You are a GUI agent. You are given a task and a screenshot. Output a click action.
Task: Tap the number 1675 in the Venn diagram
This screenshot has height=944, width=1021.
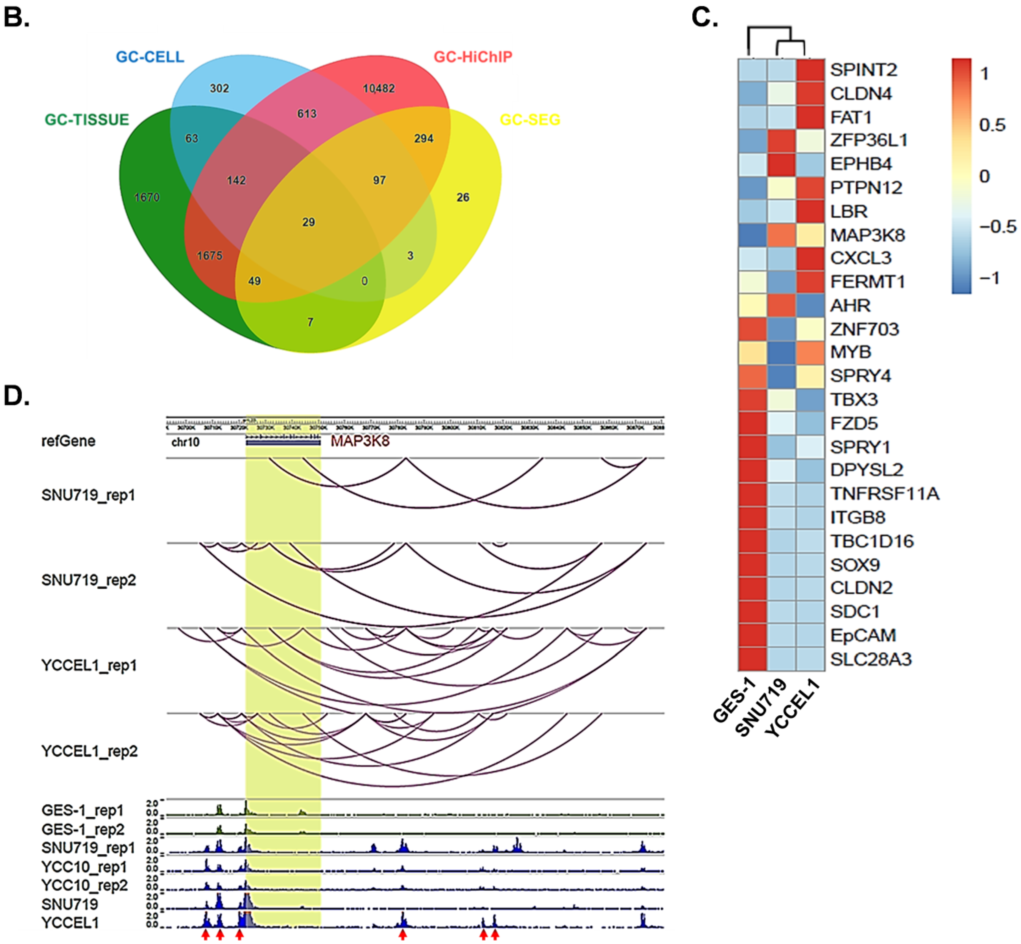pyautogui.click(x=210, y=255)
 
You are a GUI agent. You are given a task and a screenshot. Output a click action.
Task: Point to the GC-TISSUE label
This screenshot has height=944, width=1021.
pyautogui.click(x=87, y=119)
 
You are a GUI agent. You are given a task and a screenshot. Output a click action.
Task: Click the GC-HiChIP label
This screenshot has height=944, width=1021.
pyautogui.click(x=473, y=57)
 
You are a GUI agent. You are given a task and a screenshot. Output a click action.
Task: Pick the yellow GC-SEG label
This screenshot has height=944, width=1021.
pyautogui.click(x=530, y=119)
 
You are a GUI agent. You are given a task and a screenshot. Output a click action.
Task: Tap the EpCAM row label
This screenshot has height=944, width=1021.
pyautogui.click(x=863, y=635)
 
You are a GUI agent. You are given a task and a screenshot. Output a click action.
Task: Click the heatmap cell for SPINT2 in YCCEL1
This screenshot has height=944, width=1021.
pyautogui.click(x=810, y=70)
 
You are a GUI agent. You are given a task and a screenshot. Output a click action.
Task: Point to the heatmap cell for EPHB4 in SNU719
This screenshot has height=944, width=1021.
pyautogui.click(x=781, y=164)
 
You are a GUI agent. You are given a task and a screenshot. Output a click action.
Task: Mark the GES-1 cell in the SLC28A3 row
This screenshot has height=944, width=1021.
pyautogui.click(x=752, y=659)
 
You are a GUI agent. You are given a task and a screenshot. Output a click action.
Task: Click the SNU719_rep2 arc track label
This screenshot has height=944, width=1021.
pyautogui.click(x=88, y=580)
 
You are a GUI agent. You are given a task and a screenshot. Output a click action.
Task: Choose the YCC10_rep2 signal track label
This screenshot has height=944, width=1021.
pyautogui.click(x=84, y=885)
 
